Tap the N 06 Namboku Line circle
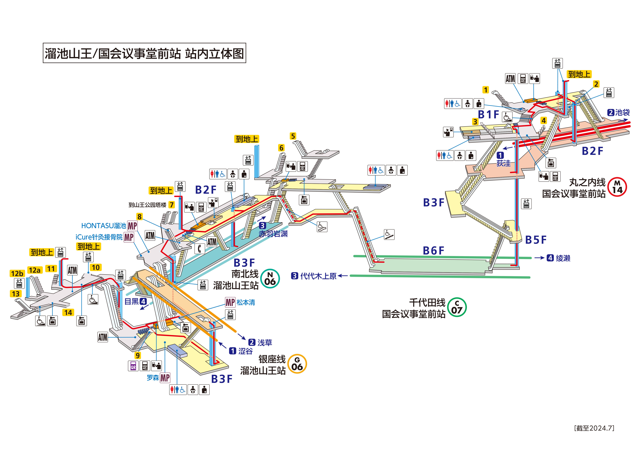(x=270, y=279)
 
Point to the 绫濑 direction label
(x=563, y=258)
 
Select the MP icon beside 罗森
(x=165, y=378)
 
